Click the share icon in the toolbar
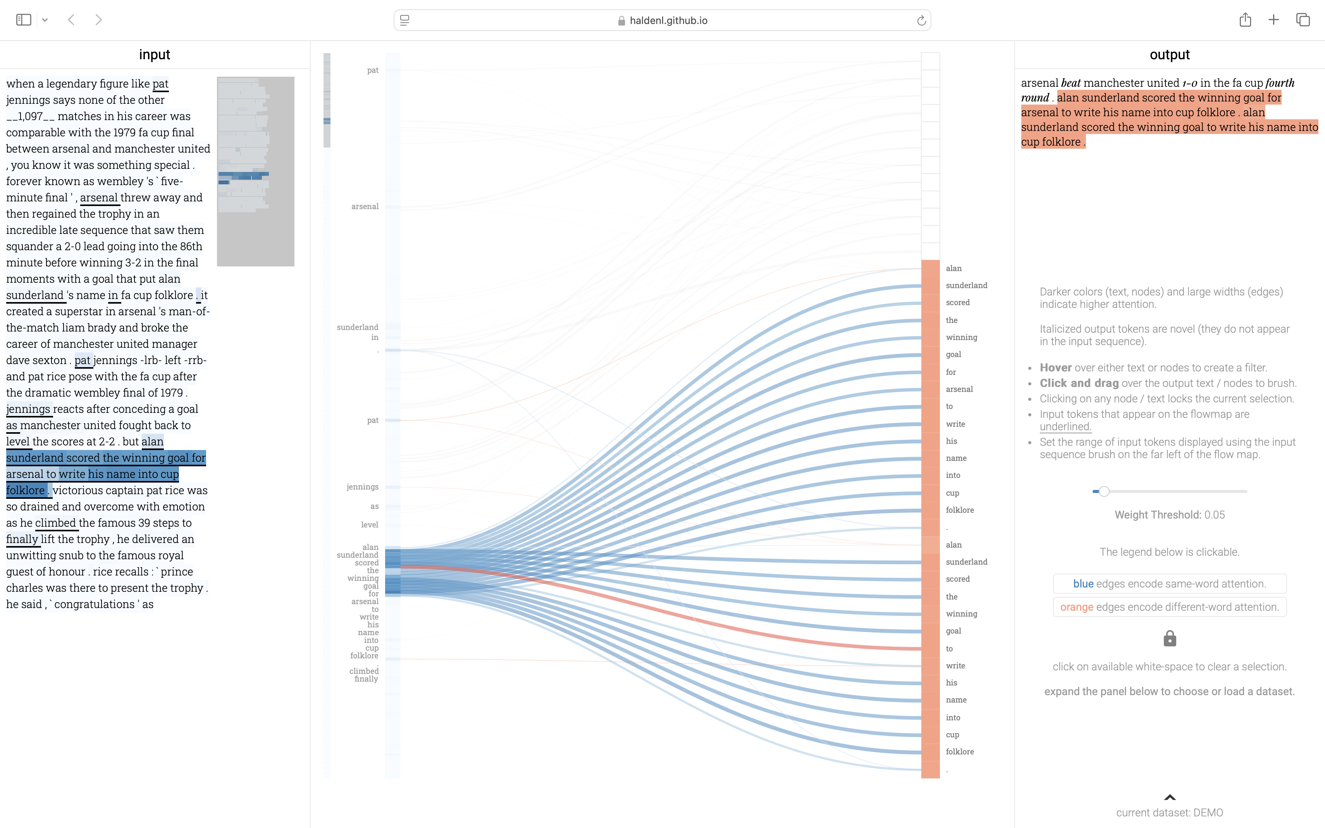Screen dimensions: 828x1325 [x=1245, y=20]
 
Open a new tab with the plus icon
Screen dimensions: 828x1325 [x=1273, y=20]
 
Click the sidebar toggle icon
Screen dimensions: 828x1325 [x=24, y=20]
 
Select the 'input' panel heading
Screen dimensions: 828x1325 [x=155, y=55]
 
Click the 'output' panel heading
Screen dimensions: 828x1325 [x=1169, y=55]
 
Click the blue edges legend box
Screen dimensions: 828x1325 [x=1169, y=584]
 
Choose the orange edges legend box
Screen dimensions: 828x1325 [x=1169, y=607]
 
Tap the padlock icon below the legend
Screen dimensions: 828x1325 [x=1169, y=639]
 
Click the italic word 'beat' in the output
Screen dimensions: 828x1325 [x=1071, y=83]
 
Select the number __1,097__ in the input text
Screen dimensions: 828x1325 [x=31, y=117]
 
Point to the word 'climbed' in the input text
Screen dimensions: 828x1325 [x=55, y=523]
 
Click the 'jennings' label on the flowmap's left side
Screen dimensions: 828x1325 [x=362, y=487]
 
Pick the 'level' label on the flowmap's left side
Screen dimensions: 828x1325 [x=369, y=525]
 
